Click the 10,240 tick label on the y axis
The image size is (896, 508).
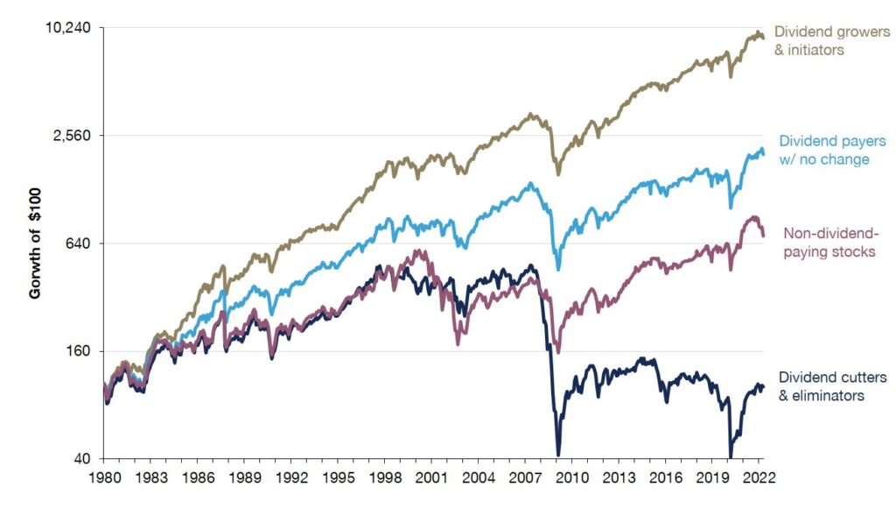68,28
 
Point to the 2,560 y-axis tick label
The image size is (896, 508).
73,136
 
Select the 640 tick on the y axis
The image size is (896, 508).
80,243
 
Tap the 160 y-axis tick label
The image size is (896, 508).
80,351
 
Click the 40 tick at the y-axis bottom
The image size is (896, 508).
83,459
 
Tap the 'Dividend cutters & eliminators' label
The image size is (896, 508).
832,386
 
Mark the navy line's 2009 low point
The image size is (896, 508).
557,454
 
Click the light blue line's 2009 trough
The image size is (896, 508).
558,269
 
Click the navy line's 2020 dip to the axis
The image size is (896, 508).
731,456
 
